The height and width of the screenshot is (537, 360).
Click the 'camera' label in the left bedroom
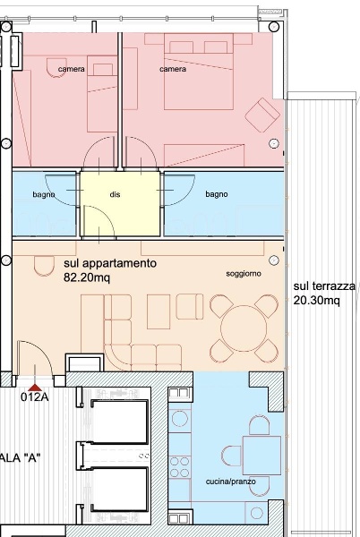tap(72, 69)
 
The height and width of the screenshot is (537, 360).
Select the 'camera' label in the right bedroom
tap(173, 69)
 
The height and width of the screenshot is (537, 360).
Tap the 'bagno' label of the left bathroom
tap(45, 194)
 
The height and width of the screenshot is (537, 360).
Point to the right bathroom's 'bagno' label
tap(216, 194)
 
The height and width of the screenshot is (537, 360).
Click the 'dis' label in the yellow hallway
tap(115, 194)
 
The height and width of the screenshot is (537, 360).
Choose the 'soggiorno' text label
tap(244, 273)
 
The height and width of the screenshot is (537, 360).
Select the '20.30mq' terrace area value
tap(316, 301)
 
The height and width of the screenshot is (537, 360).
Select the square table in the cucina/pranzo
tap(261, 453)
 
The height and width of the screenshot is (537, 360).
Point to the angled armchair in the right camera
tap(263, 114)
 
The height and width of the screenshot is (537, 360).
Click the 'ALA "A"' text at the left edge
tap(21, 457)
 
